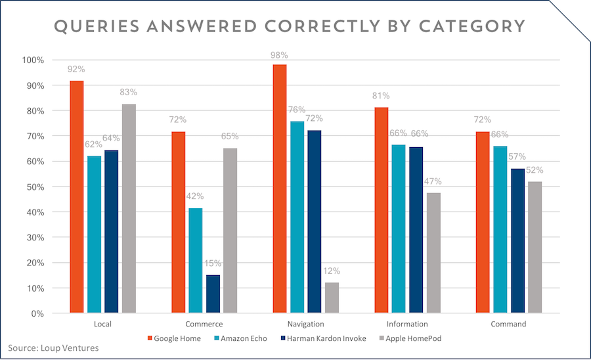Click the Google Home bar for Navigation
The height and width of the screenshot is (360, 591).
click(x=280, y=189)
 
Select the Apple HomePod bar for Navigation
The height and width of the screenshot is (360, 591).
click(x=332, y=298)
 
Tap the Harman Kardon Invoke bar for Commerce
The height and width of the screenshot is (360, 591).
click(x=213, y=294)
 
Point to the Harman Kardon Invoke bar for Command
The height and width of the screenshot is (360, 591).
click(x=518, y=241)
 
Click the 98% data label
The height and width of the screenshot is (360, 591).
click(x=280, y=55)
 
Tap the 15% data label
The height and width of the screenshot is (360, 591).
click(x=213, y=263)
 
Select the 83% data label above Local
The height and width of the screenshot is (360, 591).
click(x=128, y=95)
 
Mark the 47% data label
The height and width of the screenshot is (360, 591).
click(x=433, y=181)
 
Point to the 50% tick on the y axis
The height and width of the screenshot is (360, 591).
click(x=33, y=187)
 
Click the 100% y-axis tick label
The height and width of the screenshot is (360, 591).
click(x=32, y=60)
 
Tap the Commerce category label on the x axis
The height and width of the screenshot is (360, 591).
click(x=204, y=325)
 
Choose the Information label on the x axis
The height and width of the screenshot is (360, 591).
click(x=407, y=325)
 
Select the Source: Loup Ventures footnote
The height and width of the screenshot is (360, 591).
click(x=53, y=348)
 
